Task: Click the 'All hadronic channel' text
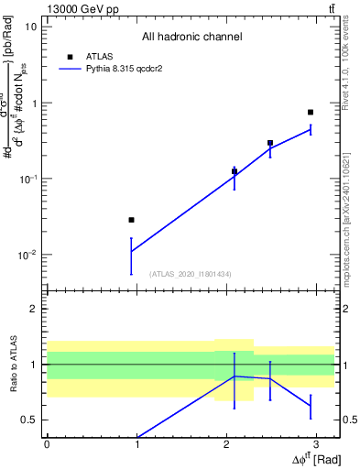pyautogui.click(x=192, y=37)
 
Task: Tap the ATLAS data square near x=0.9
pyautogui.click(x=132, y=220)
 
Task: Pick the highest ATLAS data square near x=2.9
pyautogui.click(x=311, y=113)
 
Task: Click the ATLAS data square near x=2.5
pyautogui.click(x=270, y=143)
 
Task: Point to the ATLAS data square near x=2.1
pyautogui.click(x=235, y=171)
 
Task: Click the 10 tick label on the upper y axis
pyautogui.click(x=30, y=27)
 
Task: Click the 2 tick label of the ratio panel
pyautogui.click(x=34, y=309)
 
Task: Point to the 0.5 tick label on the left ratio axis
pyautogui.click(x=29, y=420)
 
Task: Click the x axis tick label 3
pyautogui.click(x=317, y=443)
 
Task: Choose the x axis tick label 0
pyautogui.click(x=47, y=443)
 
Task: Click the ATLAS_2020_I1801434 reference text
pyautogui.click(x=191, y=274)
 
